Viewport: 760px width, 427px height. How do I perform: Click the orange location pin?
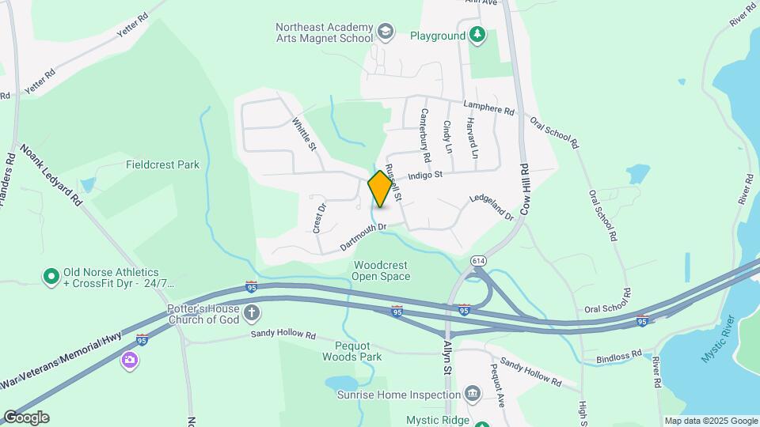pyautogui.click(x=381, y=189)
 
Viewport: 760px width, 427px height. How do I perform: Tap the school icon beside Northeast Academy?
pyautogui.click(x=386, y=32)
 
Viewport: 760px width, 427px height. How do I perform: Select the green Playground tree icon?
pyautogui.click(x=477, y=35)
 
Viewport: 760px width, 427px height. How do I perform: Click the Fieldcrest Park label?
pyautogui.click(x=162, y=165)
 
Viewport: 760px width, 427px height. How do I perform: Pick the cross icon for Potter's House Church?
pyautogui.click(x=252, y=313)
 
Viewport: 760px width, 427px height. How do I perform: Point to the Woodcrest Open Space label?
pyautogui.click(x=382, y=271)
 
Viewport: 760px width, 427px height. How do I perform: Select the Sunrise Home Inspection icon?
pyautogui.click(x=473, y=393)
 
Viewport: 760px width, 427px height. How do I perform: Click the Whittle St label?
pyautogui.click(x=304, y=135)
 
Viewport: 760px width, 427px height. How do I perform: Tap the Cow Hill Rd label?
pyautogui.click(x=524, y=191)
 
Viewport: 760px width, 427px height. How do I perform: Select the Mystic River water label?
pyautogui.click(x=717, y=339)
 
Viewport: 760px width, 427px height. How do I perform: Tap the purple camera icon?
pyautogui.click(x=129, y=361)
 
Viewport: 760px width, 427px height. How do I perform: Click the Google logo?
pyautogui.click(x=25, y=418)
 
